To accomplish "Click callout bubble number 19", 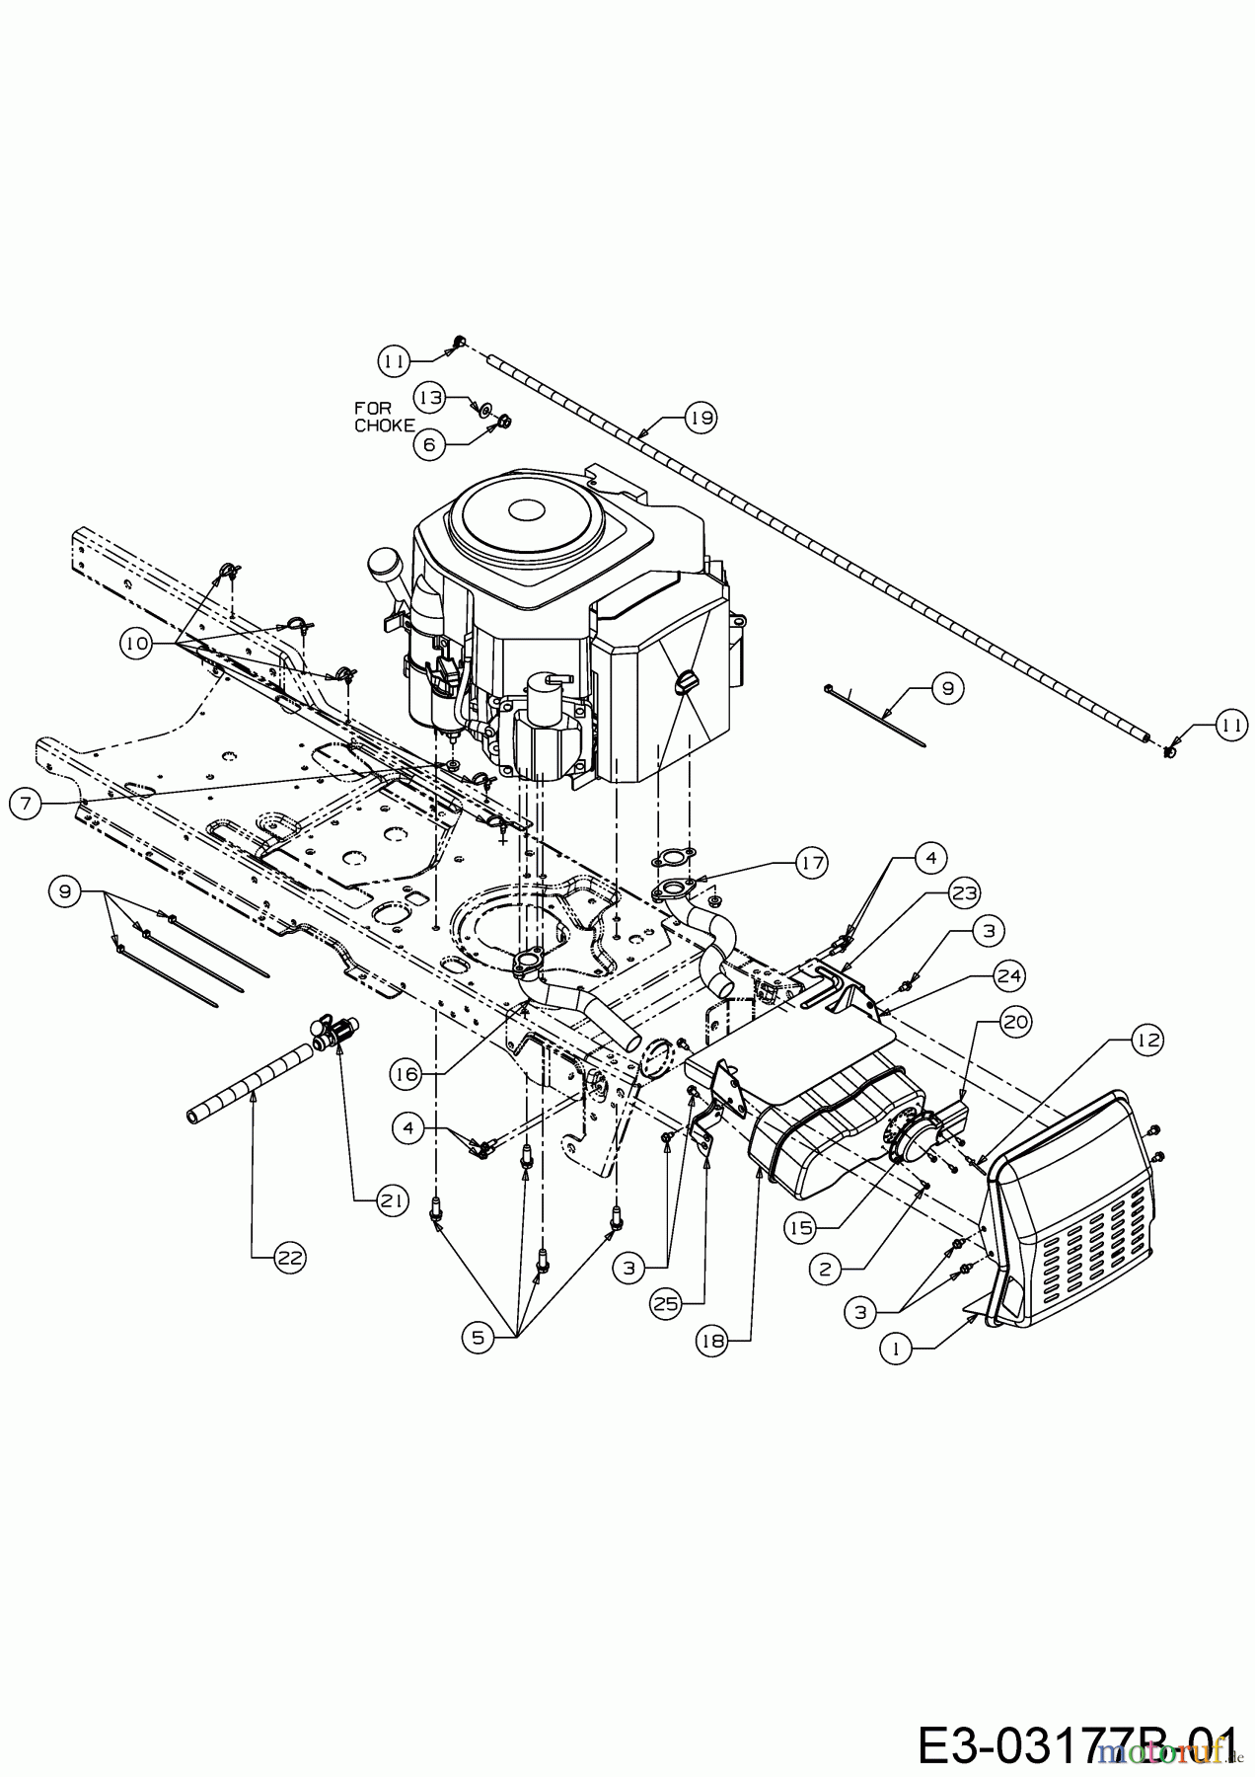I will [702, 418].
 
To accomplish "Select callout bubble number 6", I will [428, 444].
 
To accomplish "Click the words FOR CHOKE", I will [385, 417].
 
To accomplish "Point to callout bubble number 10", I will [136, 643].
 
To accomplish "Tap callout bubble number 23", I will [963, 893].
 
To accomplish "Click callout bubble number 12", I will [1146, 1040].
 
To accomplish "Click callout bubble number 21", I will [392, 1199].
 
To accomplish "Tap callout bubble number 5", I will [479, 1338].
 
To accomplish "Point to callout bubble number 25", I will [666, 1303].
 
